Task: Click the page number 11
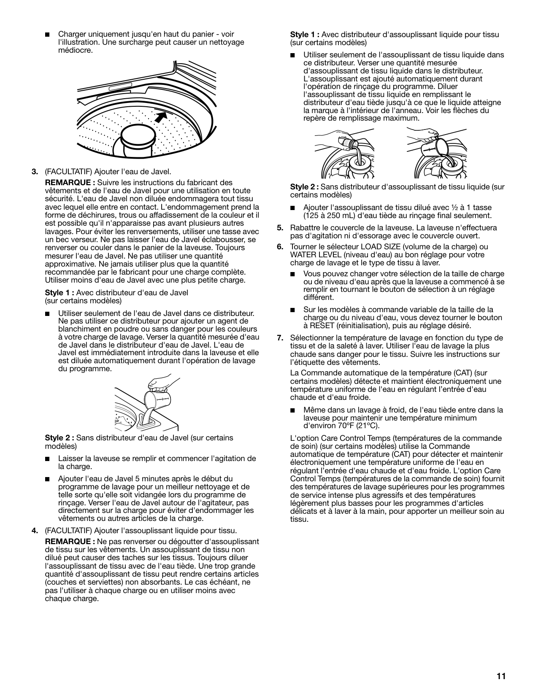point(501,676)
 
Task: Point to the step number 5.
point(280,228)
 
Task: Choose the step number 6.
point(280,247)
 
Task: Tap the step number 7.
point(280,338)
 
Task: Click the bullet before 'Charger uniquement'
point(46,34)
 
